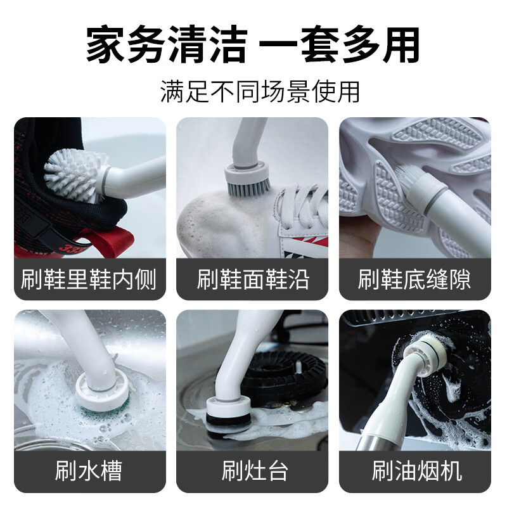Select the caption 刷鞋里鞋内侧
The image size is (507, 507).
point(89,279)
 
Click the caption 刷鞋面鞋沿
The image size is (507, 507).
point(253,279)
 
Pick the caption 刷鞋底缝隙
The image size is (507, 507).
point(414,279)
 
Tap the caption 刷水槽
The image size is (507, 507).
point(89,471)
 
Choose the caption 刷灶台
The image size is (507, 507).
point(253,471)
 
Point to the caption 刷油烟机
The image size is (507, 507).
point(414,471)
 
